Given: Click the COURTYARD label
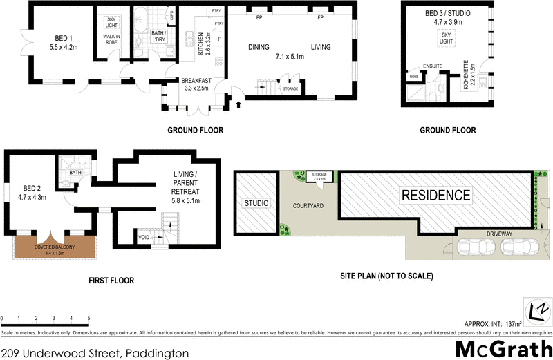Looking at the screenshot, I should (308, 206).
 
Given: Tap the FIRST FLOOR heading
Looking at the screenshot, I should (111, 281).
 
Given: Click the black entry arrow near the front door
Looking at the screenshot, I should (240, 105).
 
